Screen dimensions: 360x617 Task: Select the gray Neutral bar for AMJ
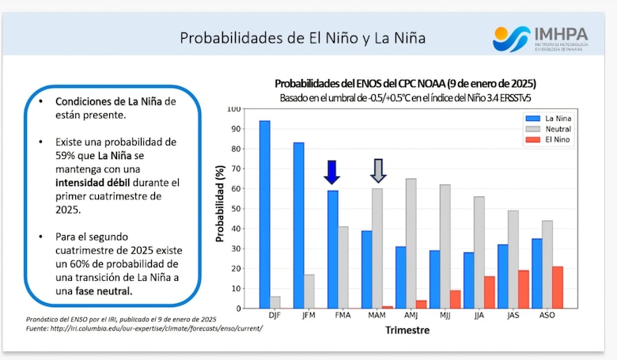pyautogui.click(x=411, y=244)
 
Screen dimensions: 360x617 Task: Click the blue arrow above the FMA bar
pyautogui.click(x=332, y=172)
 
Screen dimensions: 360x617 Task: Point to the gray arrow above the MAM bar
pyautogui.click(x=378, y=171)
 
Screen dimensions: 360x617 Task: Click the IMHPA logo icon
pyautogui.click(x=511, y=37)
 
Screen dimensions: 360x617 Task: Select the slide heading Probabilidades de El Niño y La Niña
pyautogui.click(x=303, y=38)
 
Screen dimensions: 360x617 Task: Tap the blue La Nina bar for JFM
pyautogui.click(x=298, y=225)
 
